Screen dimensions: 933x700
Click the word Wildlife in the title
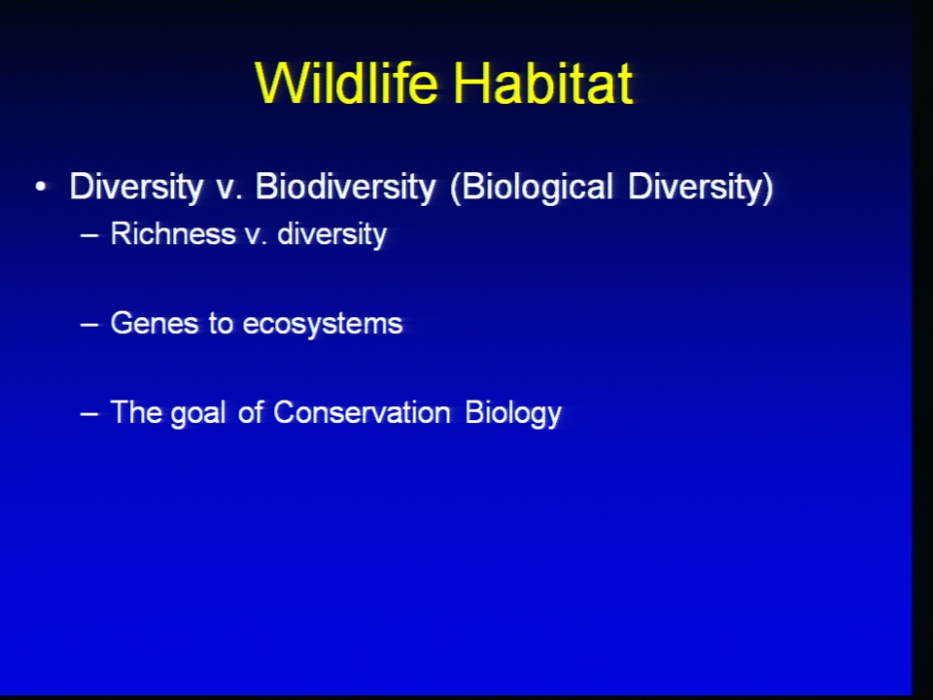tap(347, 83)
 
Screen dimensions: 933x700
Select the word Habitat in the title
tap(543, 83)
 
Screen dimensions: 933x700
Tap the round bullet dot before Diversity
tap(41, 187)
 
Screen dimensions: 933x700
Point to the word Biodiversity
tap(346, 188)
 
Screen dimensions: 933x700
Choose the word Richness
tap(173, 233)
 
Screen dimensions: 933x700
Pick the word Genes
tap(155, 324)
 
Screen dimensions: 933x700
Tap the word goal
tap(198, 413)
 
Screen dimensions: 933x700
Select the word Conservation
tap(362, 412)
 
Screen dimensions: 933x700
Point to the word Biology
tap(513, 413)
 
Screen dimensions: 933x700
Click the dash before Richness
tap(89, 235)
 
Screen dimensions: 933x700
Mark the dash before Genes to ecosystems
tap(89, 326)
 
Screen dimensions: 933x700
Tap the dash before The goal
tap(89, 414)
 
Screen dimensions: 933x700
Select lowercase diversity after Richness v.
tap(332, 234)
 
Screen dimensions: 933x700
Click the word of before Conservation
tap(251, 412)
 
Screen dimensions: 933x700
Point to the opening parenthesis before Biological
tap(456, 188)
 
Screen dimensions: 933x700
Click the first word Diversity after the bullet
tap(136, 188)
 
